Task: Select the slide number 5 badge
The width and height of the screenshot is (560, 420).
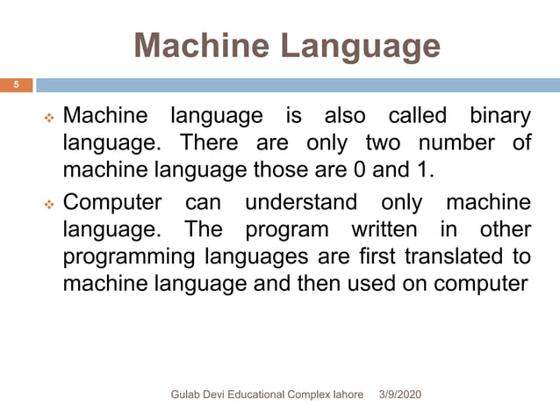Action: coord(15,85)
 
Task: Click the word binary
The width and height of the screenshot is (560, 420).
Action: coord(499,115)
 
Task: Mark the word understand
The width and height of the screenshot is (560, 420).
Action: coord(300,202)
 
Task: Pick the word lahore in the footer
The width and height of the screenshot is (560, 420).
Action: coord(344,395)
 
